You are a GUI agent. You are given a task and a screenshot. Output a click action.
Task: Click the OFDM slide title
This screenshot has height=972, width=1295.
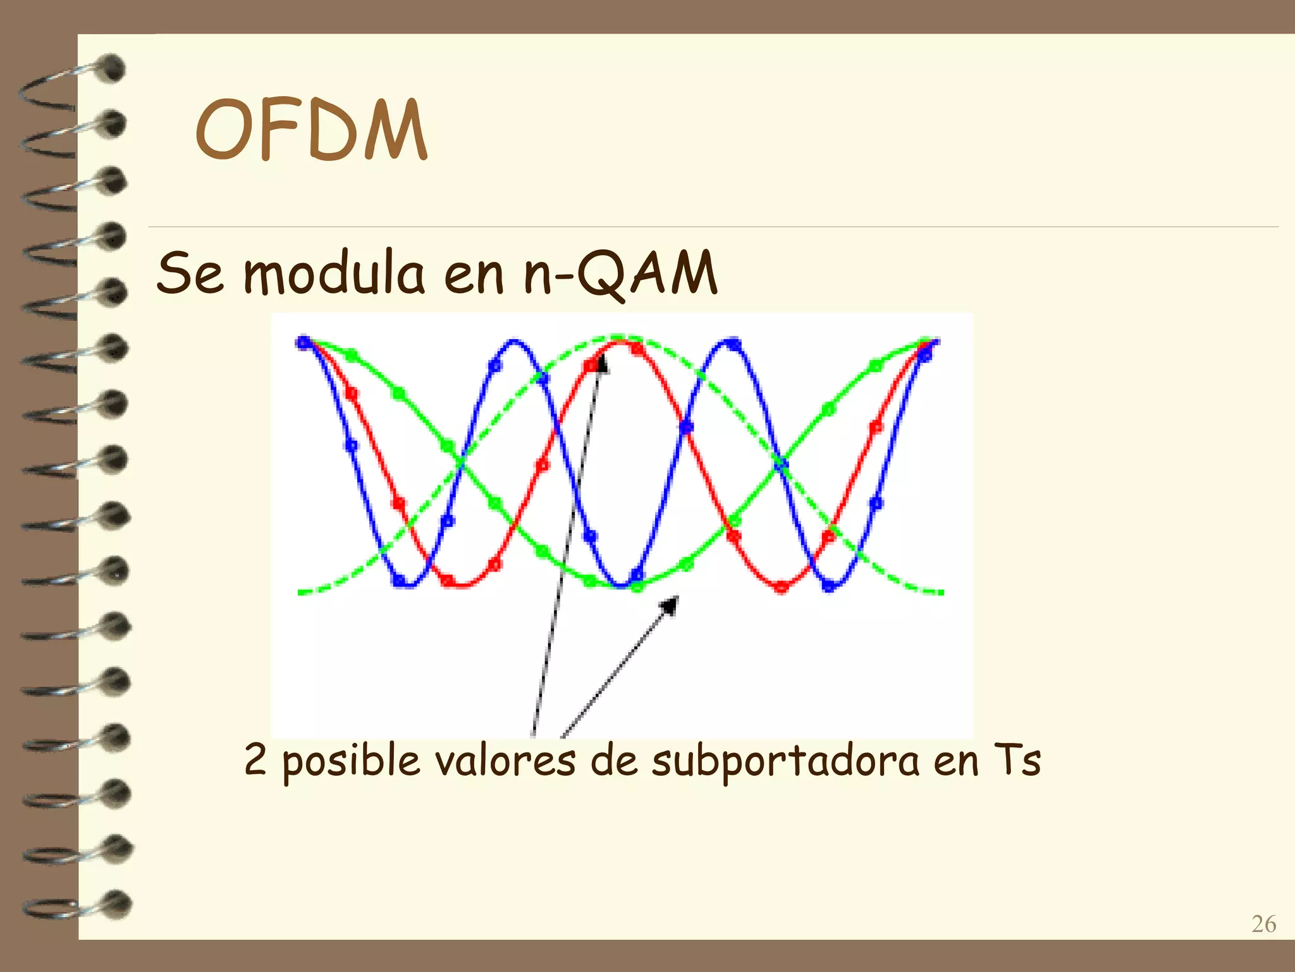(x=311, y=130)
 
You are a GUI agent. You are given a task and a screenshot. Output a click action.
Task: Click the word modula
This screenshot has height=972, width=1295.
(x=334, y=273)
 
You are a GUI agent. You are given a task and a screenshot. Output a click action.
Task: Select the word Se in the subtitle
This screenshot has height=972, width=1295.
(x=190, y=273)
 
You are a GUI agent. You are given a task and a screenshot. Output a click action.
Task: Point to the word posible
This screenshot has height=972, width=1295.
(x=351, y=761)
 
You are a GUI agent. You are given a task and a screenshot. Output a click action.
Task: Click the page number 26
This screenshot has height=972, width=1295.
(x=1263, y=925)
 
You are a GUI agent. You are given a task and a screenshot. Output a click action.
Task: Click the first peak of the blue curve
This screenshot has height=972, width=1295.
(x=515, y=342)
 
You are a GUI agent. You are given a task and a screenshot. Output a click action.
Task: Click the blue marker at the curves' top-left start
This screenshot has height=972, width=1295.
(x=304, y=343)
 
